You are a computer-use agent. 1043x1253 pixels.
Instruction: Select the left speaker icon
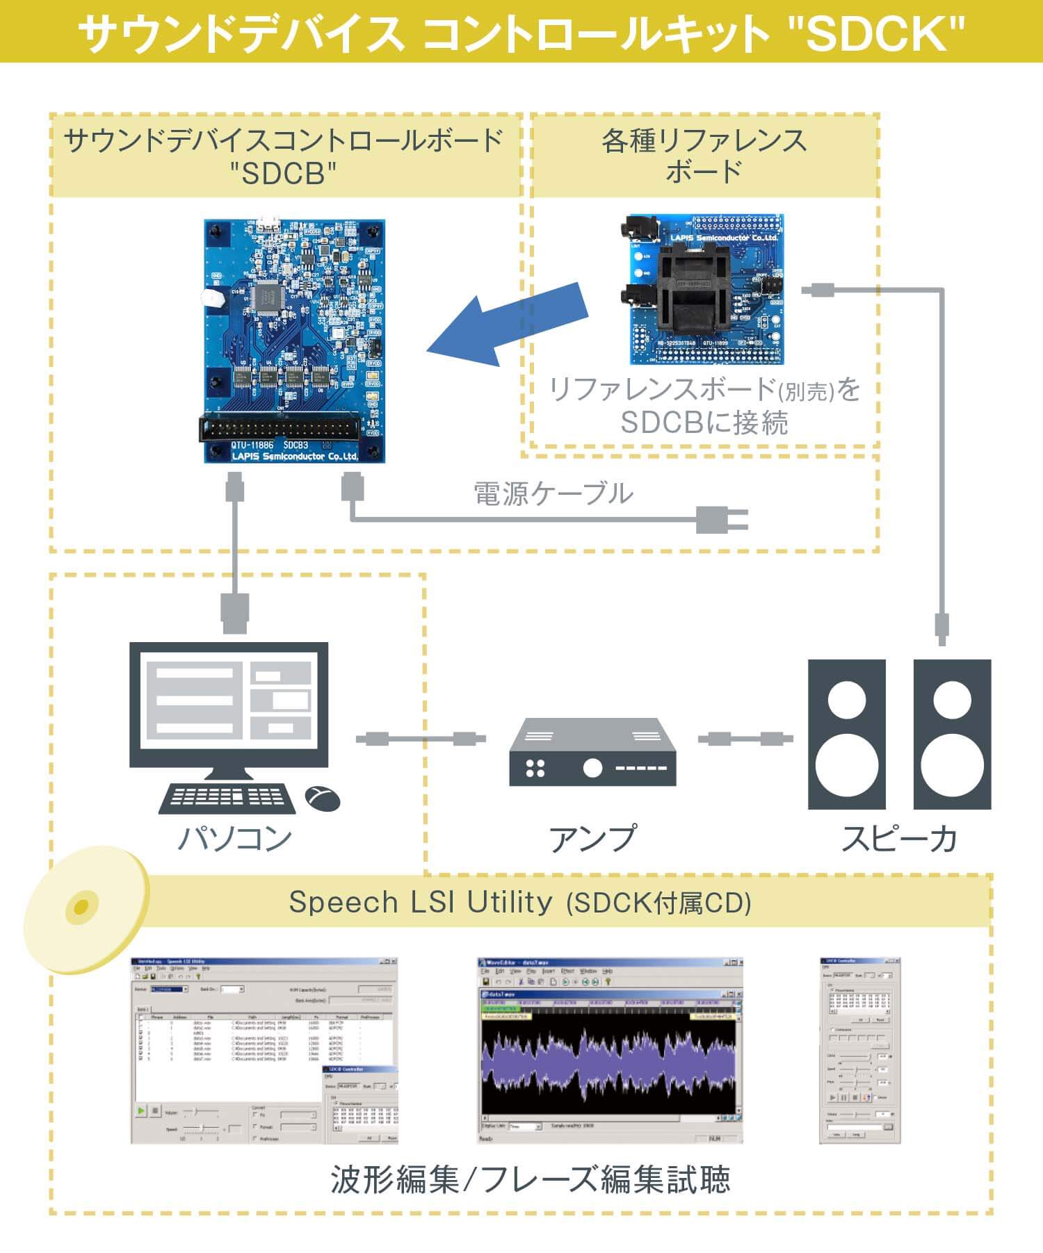tap(846, 734)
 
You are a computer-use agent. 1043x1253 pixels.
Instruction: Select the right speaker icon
tap(952, 734)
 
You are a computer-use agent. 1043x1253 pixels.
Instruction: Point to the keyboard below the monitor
tap(227, 797)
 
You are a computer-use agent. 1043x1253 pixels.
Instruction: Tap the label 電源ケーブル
tap(553, 493)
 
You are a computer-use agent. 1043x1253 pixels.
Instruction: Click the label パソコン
tap(235, 839)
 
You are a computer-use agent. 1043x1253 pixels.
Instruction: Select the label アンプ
tap(592, 839)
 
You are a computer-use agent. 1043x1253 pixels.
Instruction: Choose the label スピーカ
tap(899, 839)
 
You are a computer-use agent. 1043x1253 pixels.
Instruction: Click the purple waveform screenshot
tap(610, 1050)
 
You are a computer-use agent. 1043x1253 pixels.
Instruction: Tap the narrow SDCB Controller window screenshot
tap(860, 1050)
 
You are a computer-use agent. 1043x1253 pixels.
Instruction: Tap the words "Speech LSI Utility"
tap(421, 902)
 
